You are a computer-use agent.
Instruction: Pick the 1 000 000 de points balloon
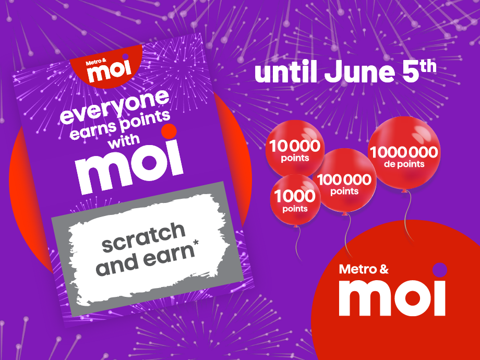[404, 154]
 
